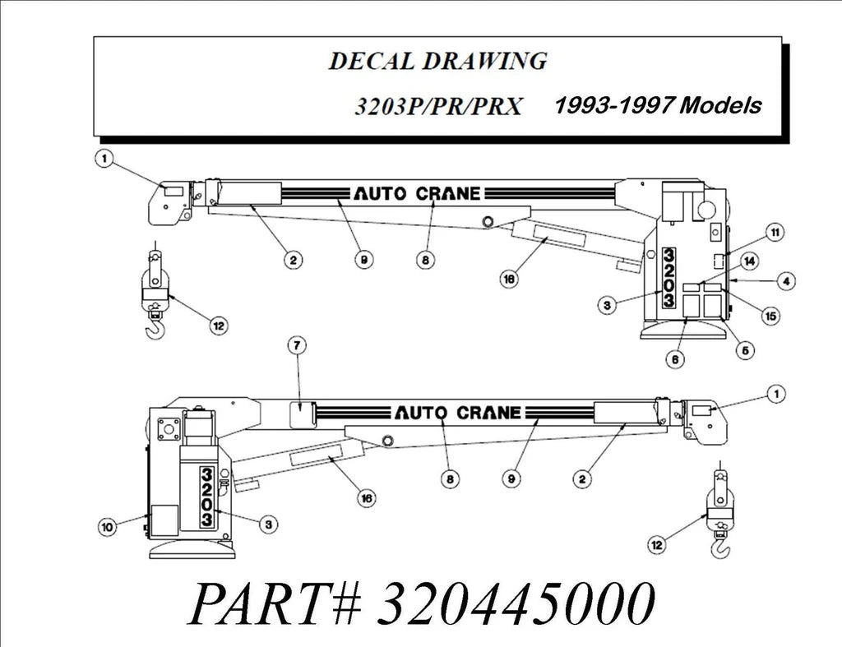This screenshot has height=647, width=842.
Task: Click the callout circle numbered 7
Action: coord(297,345)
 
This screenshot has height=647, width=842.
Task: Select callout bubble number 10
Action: coord(106,527)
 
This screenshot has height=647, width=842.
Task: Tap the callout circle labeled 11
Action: coord(774,233)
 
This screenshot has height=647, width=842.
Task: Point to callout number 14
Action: coord(749,261)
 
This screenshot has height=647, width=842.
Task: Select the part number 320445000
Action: coord(517,604)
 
